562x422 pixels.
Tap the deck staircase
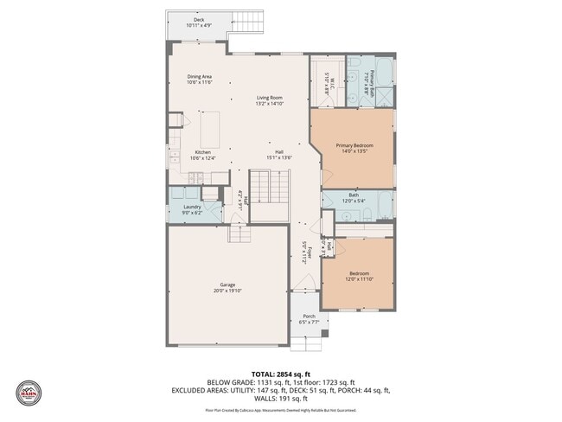pos(248,21)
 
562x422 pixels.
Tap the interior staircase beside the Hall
pos(268,186)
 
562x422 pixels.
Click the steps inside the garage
pos(239,233)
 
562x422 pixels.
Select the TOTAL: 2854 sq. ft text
pos(280,374)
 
